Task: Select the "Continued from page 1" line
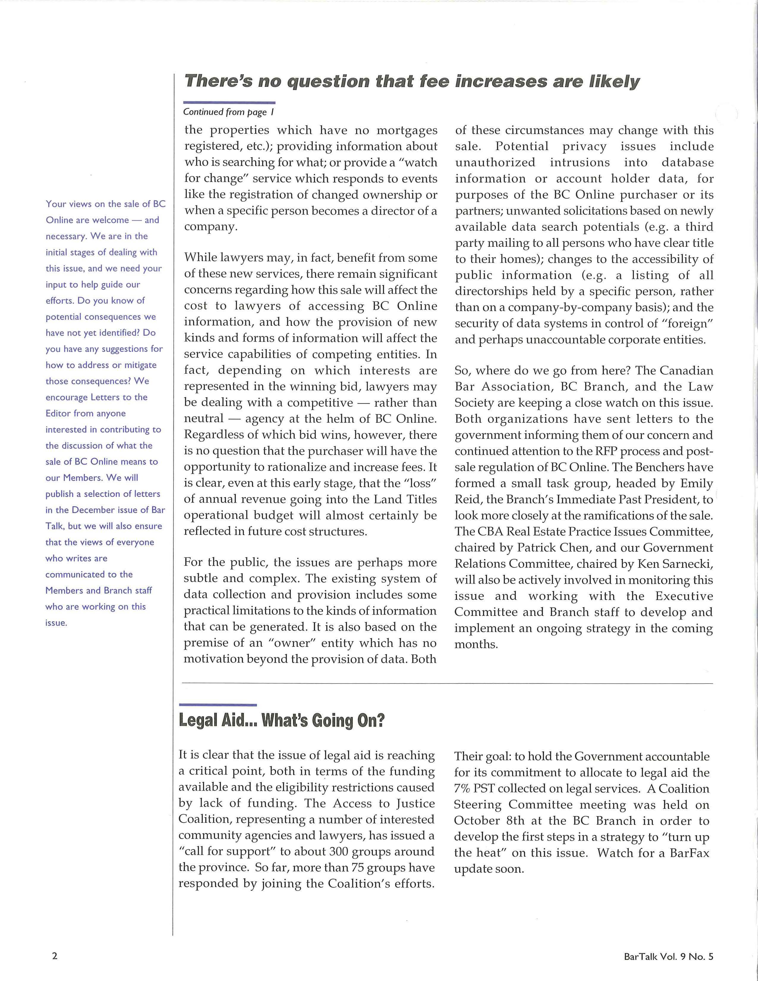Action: [x=229, y=112]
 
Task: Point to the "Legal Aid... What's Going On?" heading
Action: [x=282, y=721]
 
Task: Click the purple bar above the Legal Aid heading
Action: [x=218, y=705]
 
